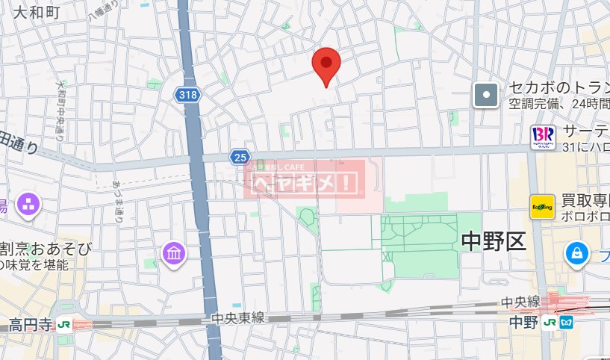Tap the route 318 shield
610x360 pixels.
[x=188, y=95]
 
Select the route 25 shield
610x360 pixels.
[x=240, y=156]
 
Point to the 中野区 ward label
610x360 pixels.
[x=494, y=240]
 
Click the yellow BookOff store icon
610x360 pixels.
[x=541, y=207]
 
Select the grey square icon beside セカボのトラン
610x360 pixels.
[x=486, y=95]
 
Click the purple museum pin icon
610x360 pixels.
[x=173, y=254]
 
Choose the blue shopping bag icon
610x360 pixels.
[x=577, y=253]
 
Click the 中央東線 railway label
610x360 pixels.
[x=237, y=318]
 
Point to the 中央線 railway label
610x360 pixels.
[x=520, y=302]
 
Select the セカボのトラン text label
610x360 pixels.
[x=558, y=87]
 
